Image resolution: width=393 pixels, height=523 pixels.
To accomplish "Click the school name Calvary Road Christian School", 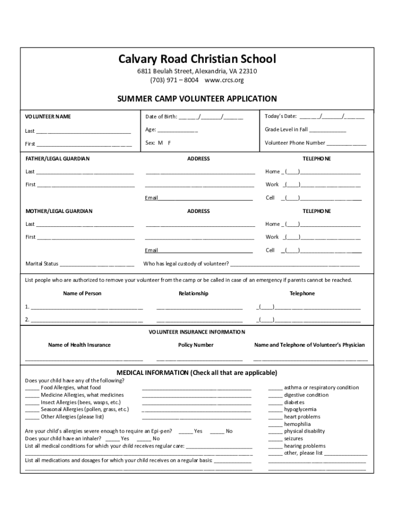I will pos(197,59).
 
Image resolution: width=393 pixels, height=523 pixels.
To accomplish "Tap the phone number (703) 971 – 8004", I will pos(174,80).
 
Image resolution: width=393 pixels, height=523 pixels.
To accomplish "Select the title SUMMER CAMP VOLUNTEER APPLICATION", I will pos(197,99).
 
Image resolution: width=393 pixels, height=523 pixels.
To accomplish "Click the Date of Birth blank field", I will pos(210,117).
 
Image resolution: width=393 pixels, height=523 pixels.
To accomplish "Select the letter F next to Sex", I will pos(169,143).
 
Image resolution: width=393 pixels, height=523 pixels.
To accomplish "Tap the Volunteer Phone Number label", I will pos(295,143).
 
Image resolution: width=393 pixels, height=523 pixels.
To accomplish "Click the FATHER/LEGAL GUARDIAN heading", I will pos(58,159).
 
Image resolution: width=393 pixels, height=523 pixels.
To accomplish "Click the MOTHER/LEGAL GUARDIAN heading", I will pos(59,211).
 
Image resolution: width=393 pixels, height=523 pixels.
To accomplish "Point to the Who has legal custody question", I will pos(186,264).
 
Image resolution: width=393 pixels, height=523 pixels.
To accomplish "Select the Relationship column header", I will pos(193,294).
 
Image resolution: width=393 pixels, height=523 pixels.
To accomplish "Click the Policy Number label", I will pos(195,345).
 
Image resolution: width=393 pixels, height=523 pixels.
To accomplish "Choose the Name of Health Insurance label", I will pos(79,345).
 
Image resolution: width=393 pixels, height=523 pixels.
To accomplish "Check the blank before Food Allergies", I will pos(32,388).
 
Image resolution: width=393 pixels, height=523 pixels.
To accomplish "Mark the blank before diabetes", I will pos(275,402).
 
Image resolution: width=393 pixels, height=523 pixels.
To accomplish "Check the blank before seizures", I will pos(275,439).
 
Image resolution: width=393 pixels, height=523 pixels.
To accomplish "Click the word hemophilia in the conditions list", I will pos(297,424).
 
